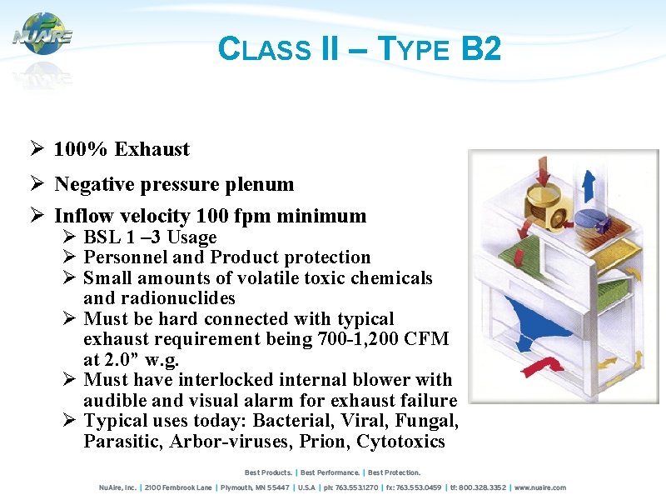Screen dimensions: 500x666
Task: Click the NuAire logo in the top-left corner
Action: (x=42, y=35)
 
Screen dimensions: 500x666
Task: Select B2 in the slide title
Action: (x=480, y=49)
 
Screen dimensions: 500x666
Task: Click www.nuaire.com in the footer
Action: (x=539, y=487)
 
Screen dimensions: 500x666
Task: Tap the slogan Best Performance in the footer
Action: (x=331, y=472)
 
